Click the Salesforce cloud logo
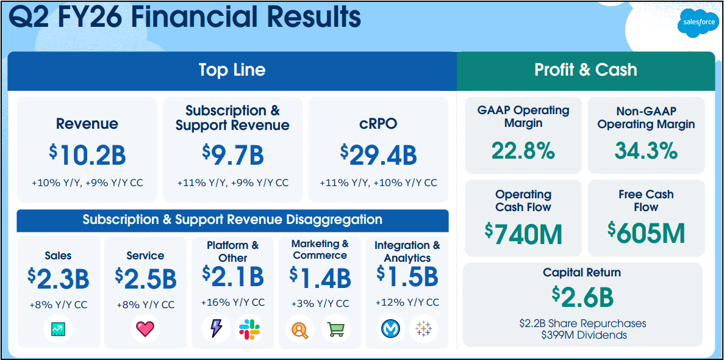tap(698, 23)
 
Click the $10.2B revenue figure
tap(88, 155)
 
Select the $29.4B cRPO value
tap(379, 155)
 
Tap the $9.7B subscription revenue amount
tap(233, 155)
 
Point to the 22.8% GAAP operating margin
tap(523, 150)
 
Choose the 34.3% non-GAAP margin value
tap(646, 150)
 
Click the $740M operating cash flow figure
tap(523, 234)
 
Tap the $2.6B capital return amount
tap(582, 297)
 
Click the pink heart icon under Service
tap(145, 329)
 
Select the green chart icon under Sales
tap(59, 329)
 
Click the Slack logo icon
tap(249, 329)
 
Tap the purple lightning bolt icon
tap(217, 329)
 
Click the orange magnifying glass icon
tap(300, 329)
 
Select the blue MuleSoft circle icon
tap(390, 329)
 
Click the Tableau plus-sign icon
tap(423, 329)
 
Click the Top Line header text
tap(232, 70)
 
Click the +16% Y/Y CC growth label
tap(233, 303)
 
